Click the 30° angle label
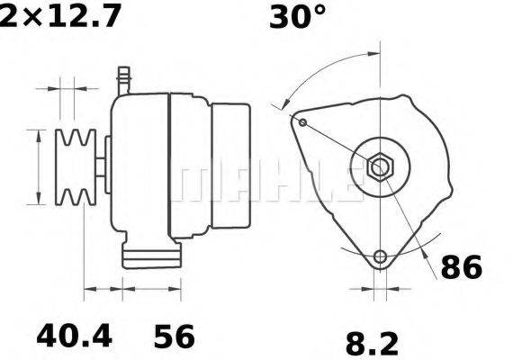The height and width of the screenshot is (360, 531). (297, 17)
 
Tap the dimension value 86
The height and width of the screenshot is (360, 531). (461, 267)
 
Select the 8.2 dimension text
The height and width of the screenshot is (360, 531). (372, 345)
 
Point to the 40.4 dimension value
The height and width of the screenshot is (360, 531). (74, 336)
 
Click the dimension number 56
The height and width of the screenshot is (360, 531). (175, 336)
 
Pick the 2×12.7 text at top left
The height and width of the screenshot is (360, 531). (59, 16)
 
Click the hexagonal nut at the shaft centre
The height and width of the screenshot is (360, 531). (380, 167)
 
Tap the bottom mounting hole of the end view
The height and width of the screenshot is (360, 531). (381, 256)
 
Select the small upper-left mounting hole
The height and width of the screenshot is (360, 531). (303, 122)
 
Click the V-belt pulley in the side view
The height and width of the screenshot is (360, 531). (76, 167)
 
